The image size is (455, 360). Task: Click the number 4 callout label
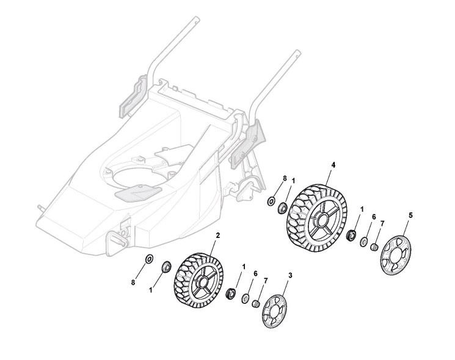tap(333, 165)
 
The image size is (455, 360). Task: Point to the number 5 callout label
tap(410, 215)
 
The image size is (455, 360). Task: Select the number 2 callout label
tap(218, 235)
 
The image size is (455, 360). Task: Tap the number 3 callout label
tap(290, 275)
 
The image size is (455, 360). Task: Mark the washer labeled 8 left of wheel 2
tap(149, 259)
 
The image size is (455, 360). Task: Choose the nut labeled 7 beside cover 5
tap(376, 247)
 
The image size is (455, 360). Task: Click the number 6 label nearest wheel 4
tap(374, 216)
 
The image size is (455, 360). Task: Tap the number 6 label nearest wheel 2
tap(255, 274)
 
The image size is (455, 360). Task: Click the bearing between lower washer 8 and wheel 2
tap(165, 266)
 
